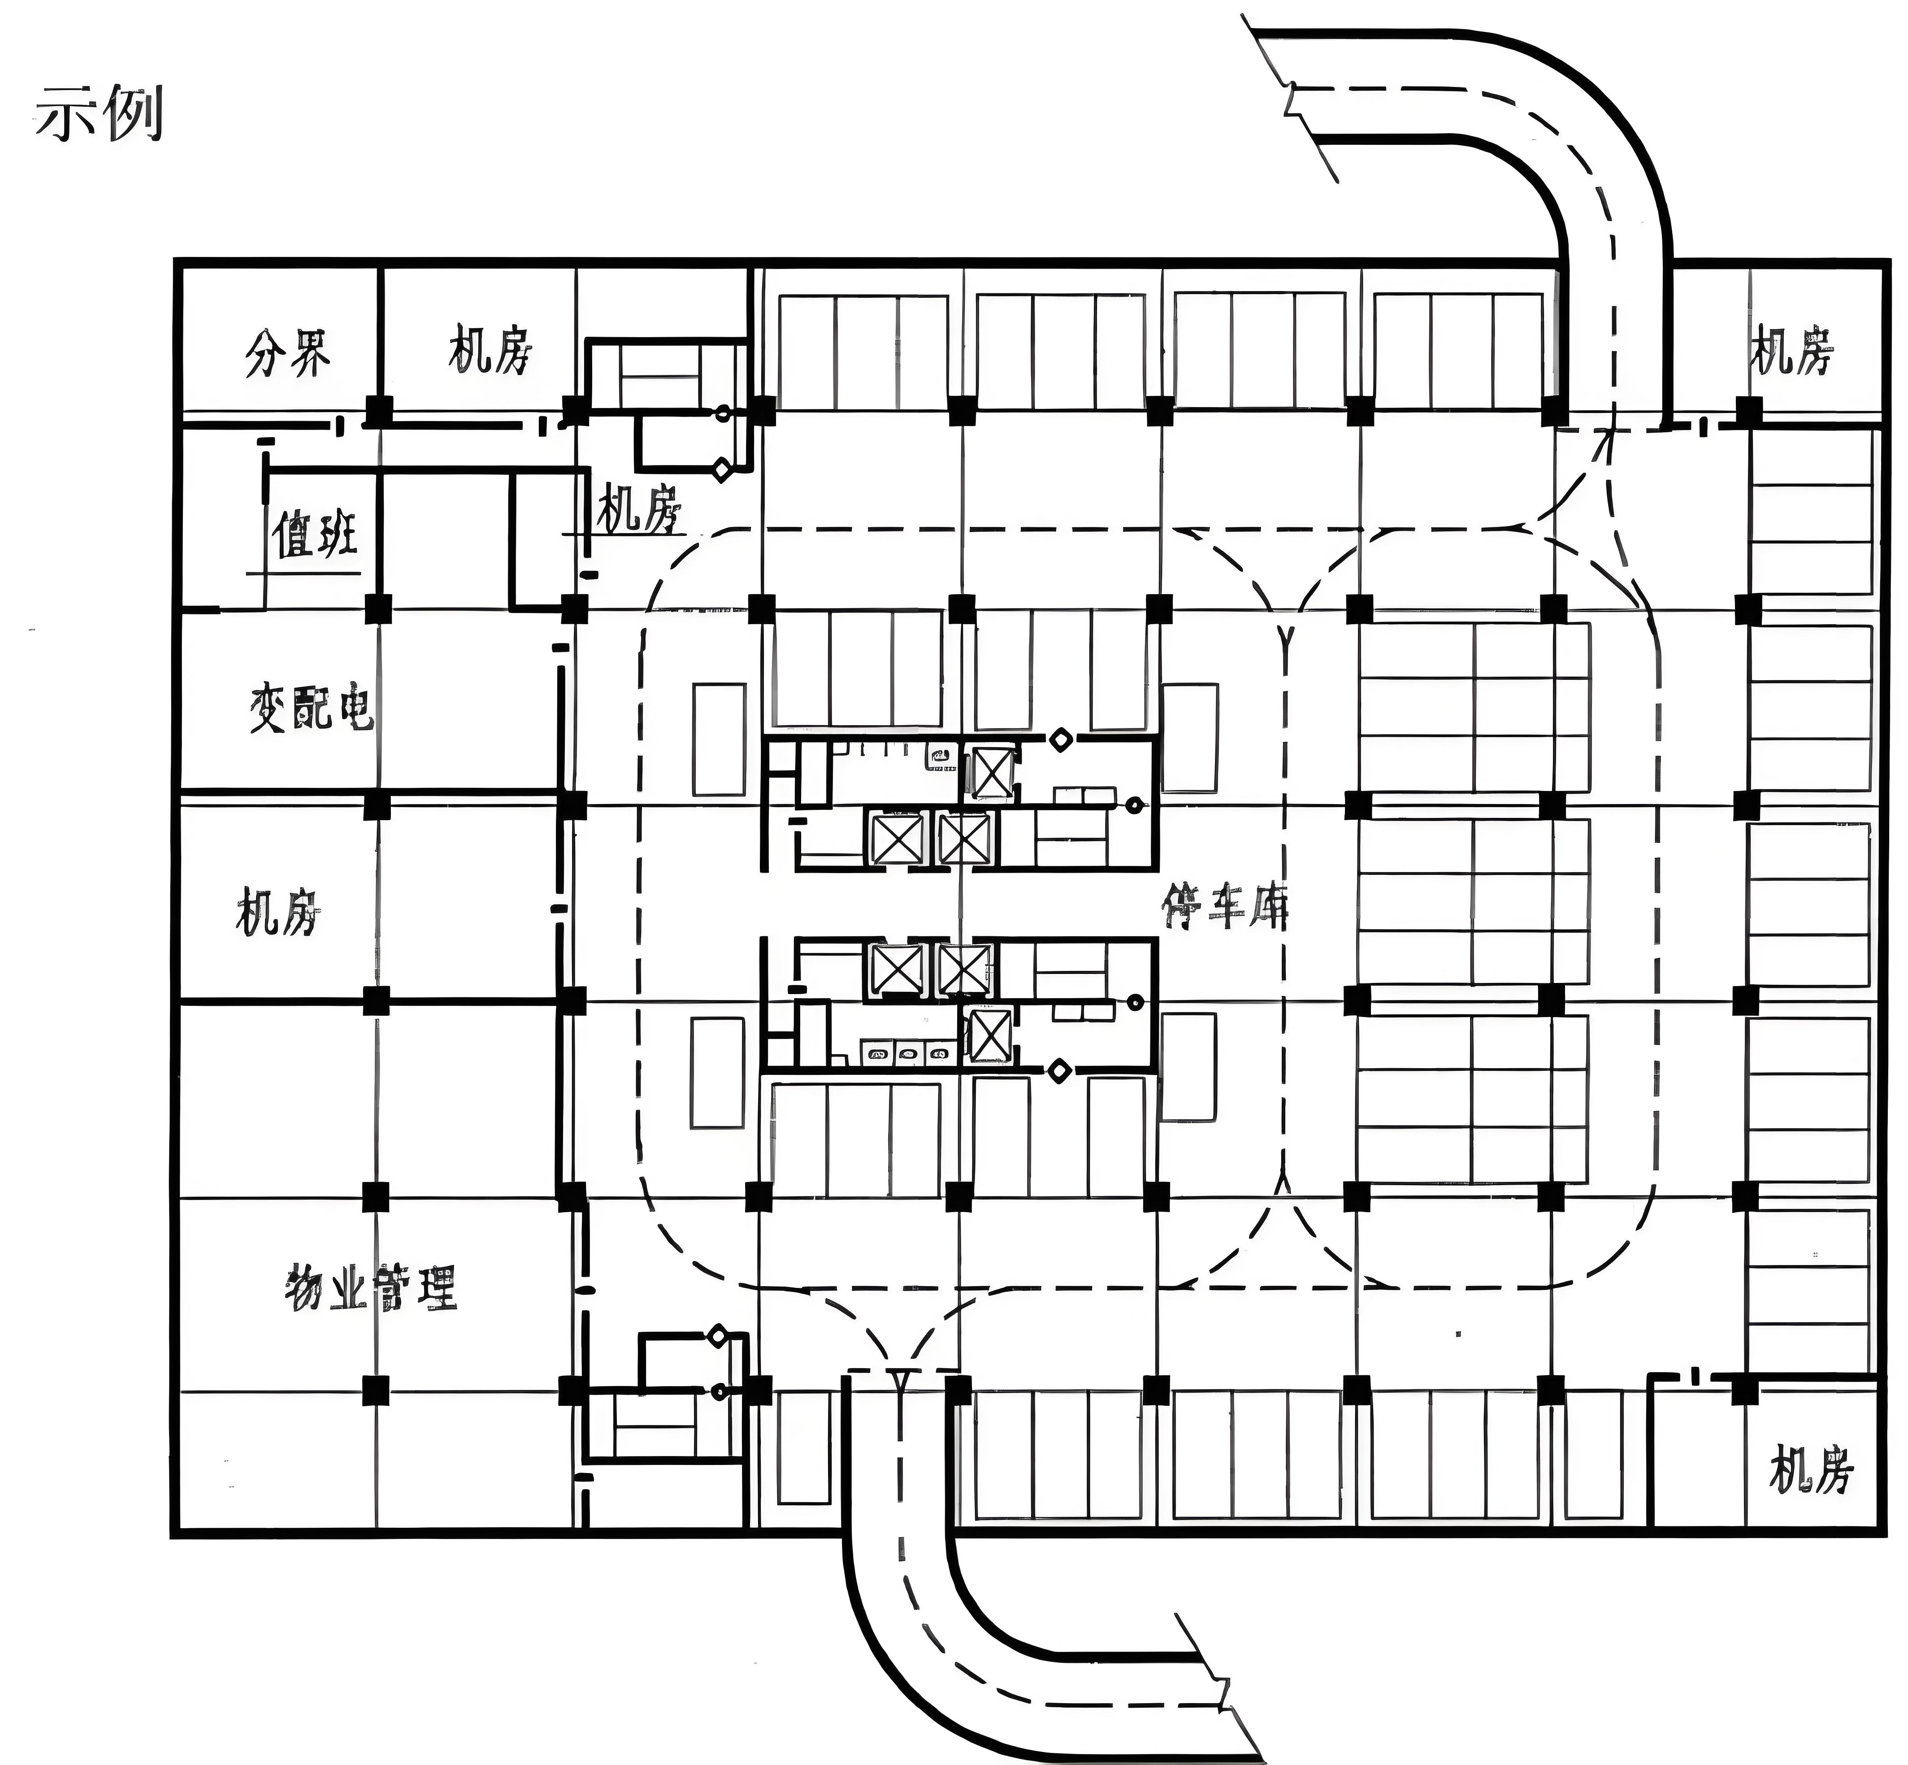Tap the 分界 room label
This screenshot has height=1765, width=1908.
tap(287, 353)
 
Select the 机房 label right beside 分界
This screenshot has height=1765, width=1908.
tap(490, 351)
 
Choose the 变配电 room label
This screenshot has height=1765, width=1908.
tap(311, 708)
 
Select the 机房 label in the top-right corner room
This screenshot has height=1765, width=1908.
tap(1791, 351)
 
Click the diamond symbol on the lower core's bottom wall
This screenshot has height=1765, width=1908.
tap(1058, 1071)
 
